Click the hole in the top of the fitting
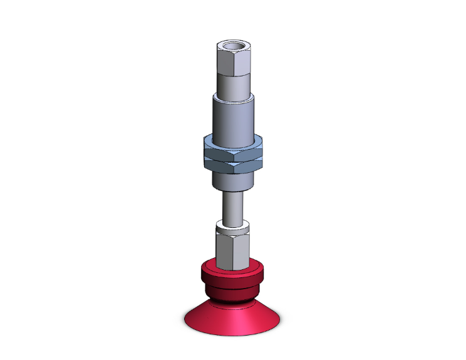tap(231, 46)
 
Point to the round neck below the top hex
tap(231, 85)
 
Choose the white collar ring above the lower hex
tap(231, 227)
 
